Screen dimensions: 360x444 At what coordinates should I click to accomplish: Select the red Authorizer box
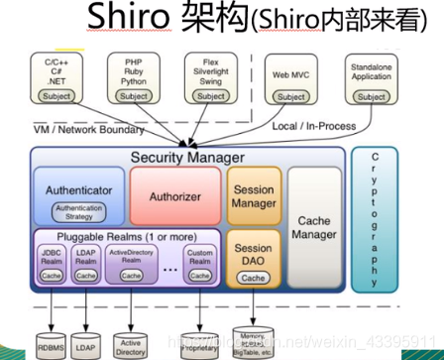[x=174, y=195]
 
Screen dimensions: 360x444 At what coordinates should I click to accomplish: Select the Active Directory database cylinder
[x=130, y=339]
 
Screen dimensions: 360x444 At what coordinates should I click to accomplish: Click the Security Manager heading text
[x=187, y=158]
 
